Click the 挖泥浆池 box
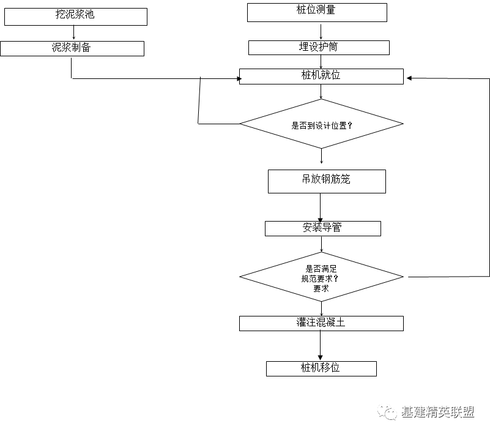coord(75,17)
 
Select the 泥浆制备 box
coord(72,48)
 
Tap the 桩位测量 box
coord(317,12)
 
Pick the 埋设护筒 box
coord(318,47)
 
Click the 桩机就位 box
coord(321,76)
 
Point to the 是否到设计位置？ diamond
coord(321,124)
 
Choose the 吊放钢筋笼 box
coord(327,181)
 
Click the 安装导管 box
coord(322,228)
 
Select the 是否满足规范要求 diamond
coord(321,277)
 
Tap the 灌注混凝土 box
coord(321,323)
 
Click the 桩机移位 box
coord(321,369)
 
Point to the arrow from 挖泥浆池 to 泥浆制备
coord(73,33)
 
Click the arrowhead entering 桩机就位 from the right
coord(410,78)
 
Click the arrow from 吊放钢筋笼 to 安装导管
coord(320,207)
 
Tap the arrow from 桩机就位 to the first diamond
coord(321,91)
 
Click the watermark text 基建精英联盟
coord(437,413)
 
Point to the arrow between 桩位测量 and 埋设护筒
coord(318,31)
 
